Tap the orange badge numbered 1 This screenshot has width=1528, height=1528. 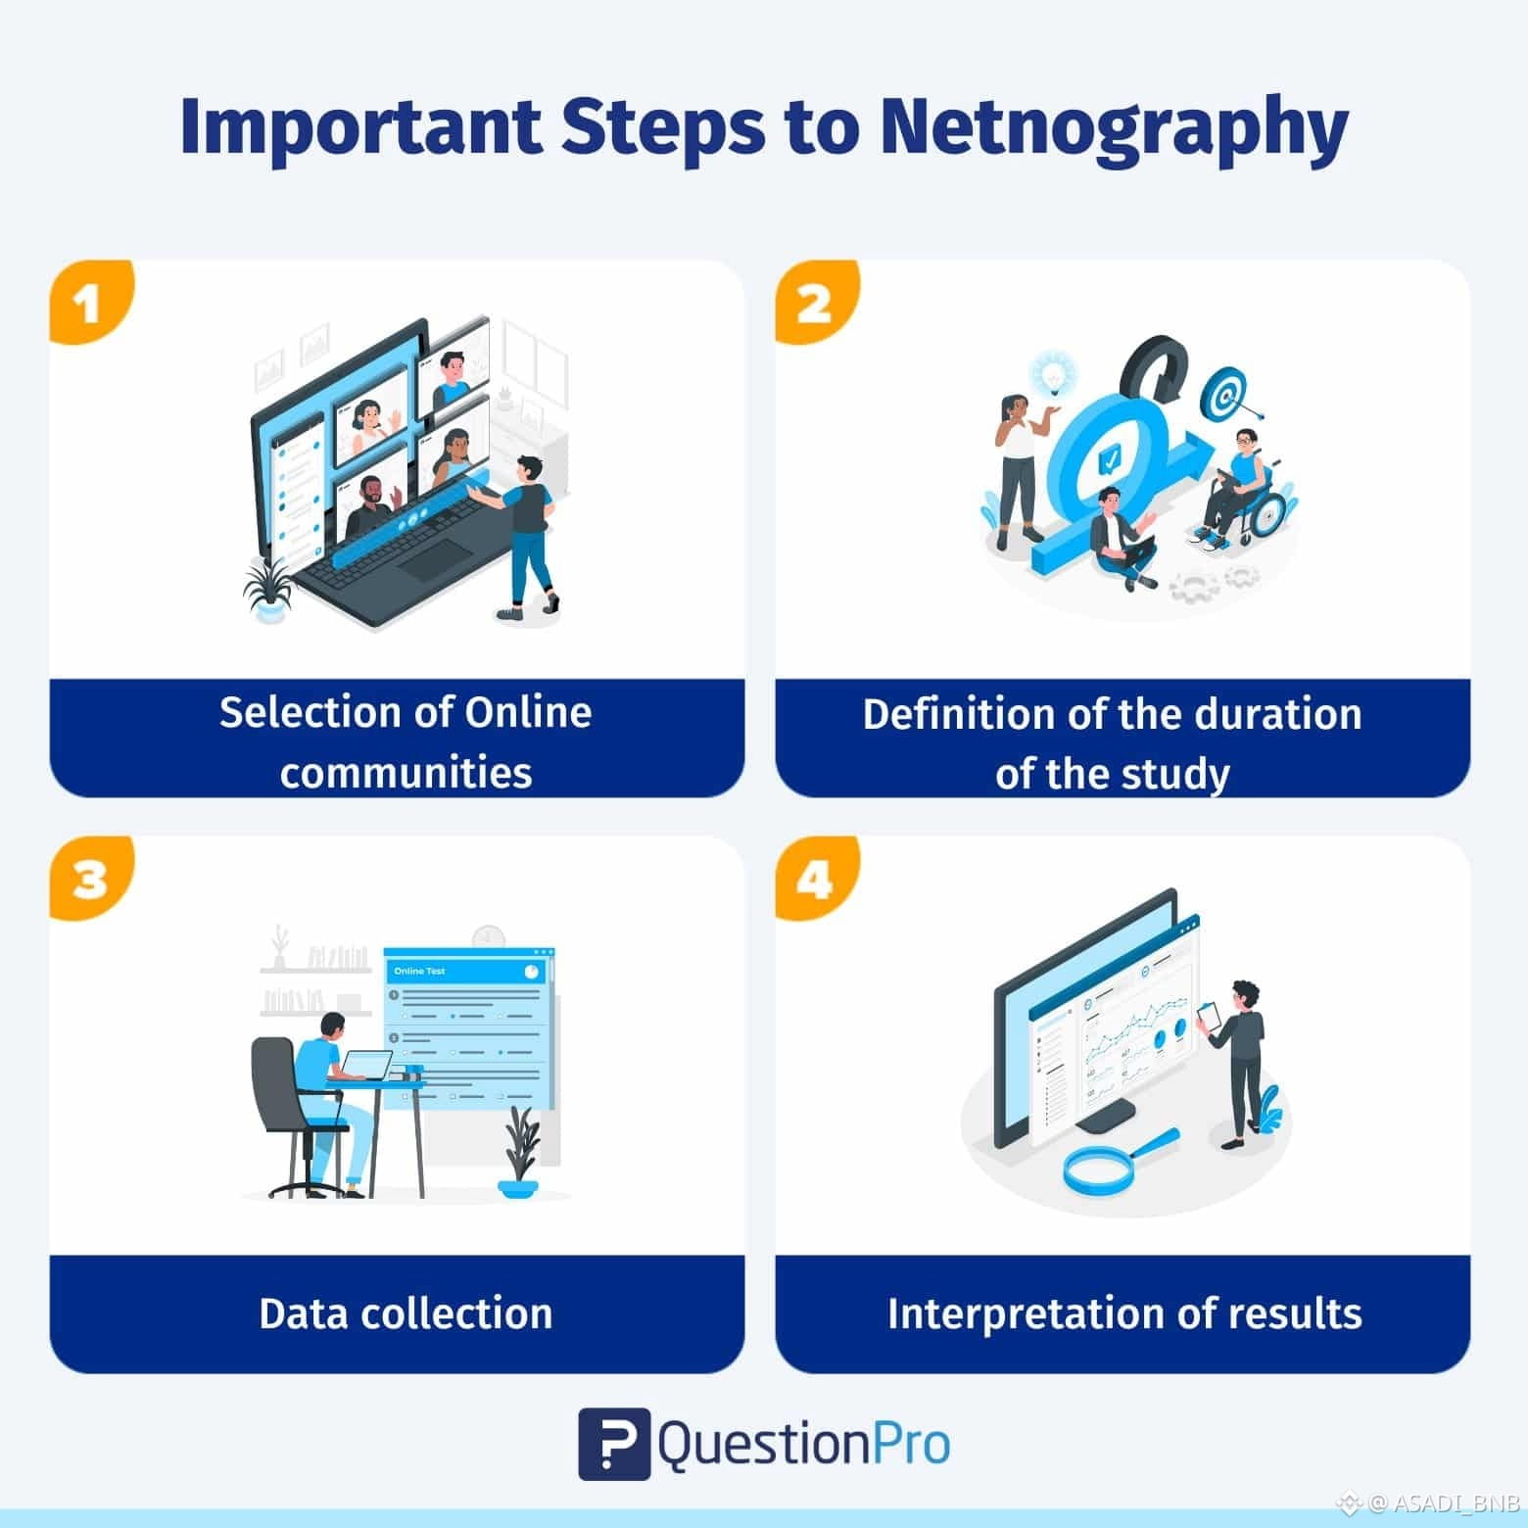[90, 302]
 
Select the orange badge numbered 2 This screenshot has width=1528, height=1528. [816, 302]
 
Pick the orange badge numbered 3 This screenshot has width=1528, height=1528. [90, 878]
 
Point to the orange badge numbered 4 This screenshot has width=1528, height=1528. [816, 878]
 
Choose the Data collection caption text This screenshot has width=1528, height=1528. [406, 1313]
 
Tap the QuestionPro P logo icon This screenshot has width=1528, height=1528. [614, 1443]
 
